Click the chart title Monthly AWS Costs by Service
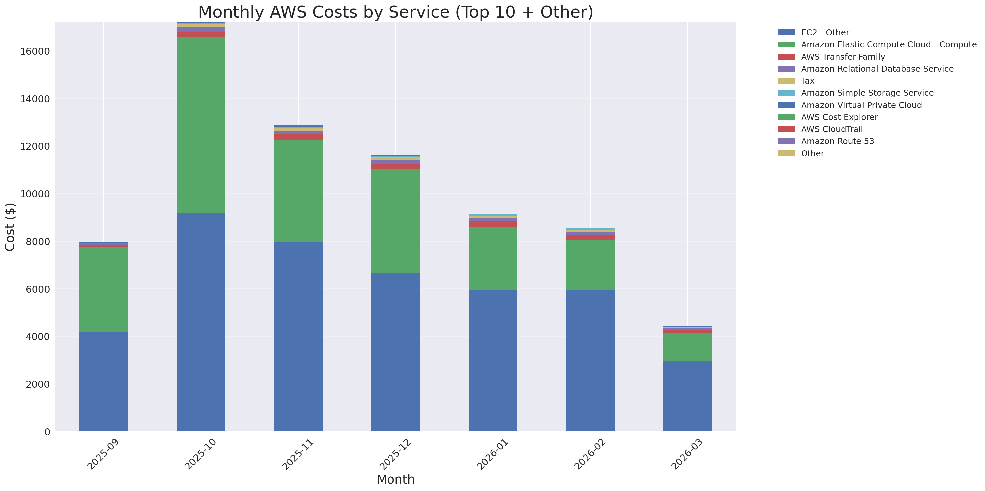[395, 12]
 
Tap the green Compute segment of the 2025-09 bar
[104, 289]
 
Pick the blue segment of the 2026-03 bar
[687, 396]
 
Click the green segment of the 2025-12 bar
[395, 221]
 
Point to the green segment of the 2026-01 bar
[492, 258]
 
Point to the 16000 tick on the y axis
[35, 52]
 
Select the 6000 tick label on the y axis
[38, 289]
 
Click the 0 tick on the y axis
[47, 432]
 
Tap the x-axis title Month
[395, 479]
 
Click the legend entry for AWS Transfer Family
[843, 57]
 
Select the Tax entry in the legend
[807, 81]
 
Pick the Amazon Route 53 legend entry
[837, 141]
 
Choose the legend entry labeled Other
[812, 153]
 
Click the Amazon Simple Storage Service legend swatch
[786, 93]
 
